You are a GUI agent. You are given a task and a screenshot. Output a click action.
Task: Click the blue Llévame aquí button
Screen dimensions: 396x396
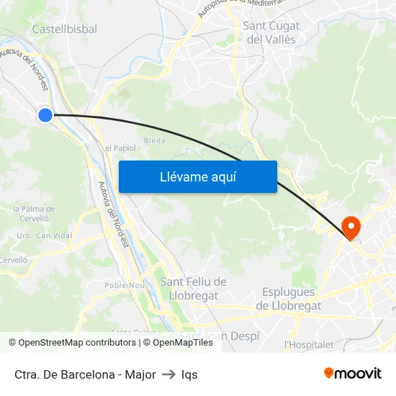tap(197, 176)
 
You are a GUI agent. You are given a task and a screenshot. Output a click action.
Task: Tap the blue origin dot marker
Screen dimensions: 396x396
tap(45, 114)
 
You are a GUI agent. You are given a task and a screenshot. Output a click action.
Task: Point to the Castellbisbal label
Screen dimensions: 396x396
tap(65, 29)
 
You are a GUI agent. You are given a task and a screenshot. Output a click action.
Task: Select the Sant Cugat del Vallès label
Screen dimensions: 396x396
tap(271, 33)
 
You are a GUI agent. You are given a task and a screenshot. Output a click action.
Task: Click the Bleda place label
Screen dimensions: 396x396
tap(155, 140)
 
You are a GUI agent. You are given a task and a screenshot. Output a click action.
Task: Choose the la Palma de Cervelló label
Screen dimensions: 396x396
tap(30, 213)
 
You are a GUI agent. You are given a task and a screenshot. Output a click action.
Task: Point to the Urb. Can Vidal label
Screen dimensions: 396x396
tap(45, 235)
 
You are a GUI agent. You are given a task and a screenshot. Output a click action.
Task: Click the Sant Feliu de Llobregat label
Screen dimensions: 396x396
tap(193, 288)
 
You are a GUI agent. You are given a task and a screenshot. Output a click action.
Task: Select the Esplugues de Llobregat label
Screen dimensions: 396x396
tap(288, 299)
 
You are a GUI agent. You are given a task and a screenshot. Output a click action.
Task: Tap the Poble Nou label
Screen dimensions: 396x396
tap(125, 284)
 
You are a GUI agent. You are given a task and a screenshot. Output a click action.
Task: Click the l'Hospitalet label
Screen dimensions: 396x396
tap(309, 344)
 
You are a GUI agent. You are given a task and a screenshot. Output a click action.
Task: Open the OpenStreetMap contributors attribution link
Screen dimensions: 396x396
tap(76, 343)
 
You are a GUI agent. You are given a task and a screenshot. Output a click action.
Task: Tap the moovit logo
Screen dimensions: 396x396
tap(353, 373)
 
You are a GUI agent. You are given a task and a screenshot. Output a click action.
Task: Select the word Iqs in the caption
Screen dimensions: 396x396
tap(189, 374)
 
